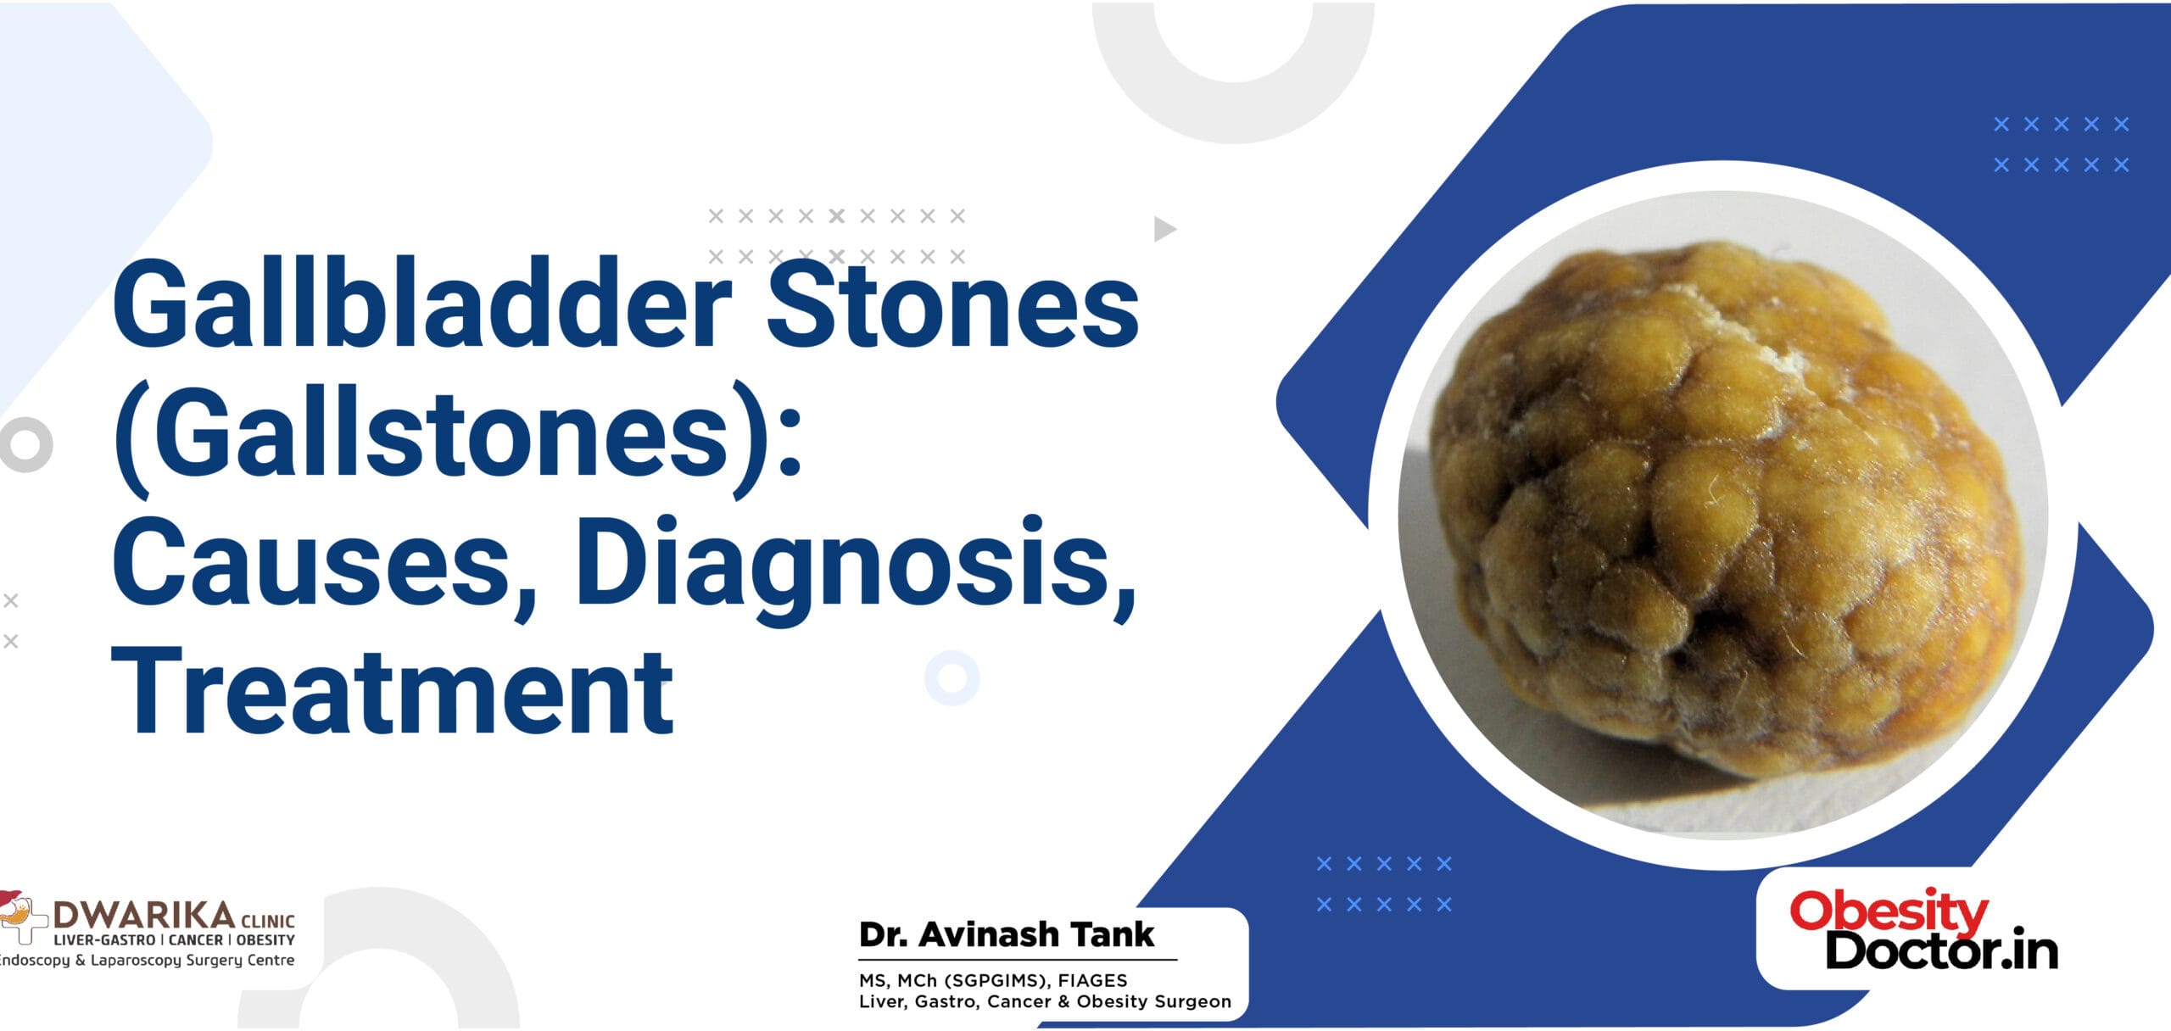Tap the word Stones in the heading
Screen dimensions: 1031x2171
click(x=952, y=307)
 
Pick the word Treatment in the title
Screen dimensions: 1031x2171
click(x=393, y=691)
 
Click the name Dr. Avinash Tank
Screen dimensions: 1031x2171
click(x=1006, y=934)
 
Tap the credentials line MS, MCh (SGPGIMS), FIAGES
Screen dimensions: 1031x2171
click(x=993, y=980)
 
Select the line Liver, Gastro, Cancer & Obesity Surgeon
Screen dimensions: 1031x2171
click(x=1045, y=1001)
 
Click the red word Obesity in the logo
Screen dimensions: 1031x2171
click(x=1889, y=911)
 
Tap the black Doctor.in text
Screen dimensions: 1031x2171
click(x=1941, y=950)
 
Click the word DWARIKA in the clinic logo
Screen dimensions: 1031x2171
click(x=144, y=915)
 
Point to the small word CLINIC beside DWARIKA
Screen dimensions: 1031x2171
click(x=268, y=921)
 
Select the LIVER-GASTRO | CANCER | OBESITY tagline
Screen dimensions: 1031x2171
click(x=174, y=940)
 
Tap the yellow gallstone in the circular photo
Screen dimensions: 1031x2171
click(x=1722, y=526)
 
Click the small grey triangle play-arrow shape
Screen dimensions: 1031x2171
click(x=1164, y=229)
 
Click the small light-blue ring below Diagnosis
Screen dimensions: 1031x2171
click(x=952, y=677)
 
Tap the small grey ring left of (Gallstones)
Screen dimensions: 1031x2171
click(x=25, y=443)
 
